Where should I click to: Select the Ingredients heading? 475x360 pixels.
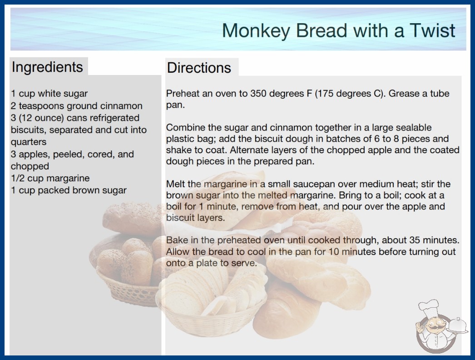tap(47, 67)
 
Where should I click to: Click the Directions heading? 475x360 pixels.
tap(199, 68)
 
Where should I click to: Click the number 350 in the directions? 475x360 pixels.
tap(258, 94)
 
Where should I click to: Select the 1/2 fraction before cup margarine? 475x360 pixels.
tap(18, 178)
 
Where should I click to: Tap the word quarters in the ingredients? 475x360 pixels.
tap(29, 142)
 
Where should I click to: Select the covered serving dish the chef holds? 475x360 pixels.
tap(457, 325)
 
